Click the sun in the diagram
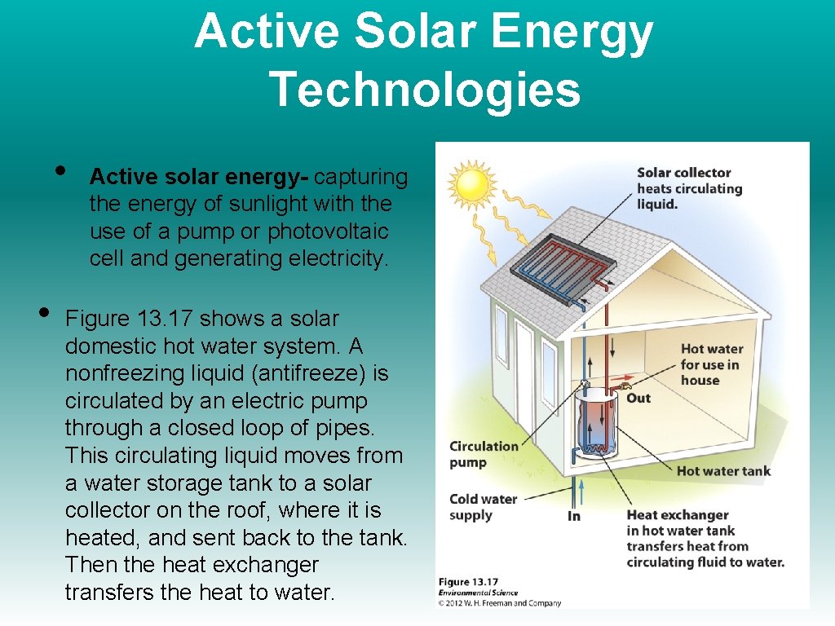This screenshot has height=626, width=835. (471, 184)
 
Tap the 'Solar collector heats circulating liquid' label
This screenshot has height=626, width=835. (689, 188)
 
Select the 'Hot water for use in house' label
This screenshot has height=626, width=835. (711, 364)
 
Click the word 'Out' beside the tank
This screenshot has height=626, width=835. (638, 398)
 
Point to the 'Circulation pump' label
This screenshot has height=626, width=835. (484, 454)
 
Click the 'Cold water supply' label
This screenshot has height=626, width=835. (483, 507)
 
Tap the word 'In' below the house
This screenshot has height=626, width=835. (574, 516)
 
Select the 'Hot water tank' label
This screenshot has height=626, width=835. (723, 470)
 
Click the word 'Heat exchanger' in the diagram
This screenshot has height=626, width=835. (677, 515)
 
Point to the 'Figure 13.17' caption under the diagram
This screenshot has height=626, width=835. (468, 582)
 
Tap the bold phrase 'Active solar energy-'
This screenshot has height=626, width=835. (199, 177)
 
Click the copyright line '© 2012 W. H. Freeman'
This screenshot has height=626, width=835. (499, 603)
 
